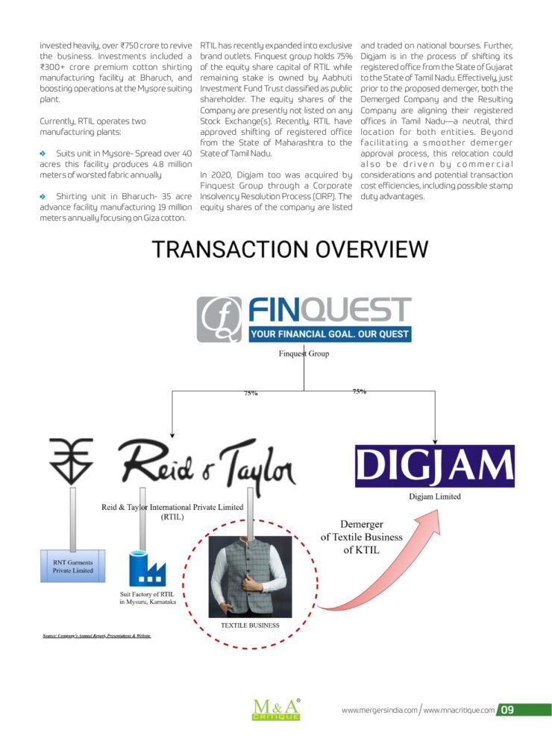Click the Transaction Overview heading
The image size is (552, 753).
pyautogui.click(x=289, y=250)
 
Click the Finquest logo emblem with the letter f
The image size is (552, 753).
pyautogui.click(x=219, y=319)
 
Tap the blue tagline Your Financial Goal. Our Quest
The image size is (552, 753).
pyautogui.click(x=330, y=334)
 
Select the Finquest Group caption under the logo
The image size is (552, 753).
pyautogui.click(x=304, y=353)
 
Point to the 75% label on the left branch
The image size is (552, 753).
pyautogui.click(x=251, y=394)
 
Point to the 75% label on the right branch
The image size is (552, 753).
pyautogui.click(x=360, y=391)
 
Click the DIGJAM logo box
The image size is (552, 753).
pyautogui.click(x=434, y=466)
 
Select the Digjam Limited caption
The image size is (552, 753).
pyautogui.click(x=434, y=497)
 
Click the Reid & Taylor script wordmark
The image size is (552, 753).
pyautogui.click(x=207, y=464)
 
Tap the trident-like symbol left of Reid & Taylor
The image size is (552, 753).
pyautogui.click(x=71, y=461)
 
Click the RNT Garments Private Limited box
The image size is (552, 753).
pyautogui.click(x=72, y=566)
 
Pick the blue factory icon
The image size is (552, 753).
pyautogui.click(x=147, y=569)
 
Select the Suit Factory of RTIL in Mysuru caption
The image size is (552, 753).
pyautogui.click(x=148, y=598)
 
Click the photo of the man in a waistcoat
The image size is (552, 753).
pyautogui.click(x=250, y=576)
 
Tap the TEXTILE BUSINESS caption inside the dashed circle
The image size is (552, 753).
pyautogui.click(x=250, y=626)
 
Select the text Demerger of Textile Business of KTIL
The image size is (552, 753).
pyautogui.click(x=361, y=537)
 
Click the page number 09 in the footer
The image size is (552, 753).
pyautogui.click(x=507, y=710)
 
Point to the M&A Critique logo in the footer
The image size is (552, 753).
pyautogui.click(x=276, y=710)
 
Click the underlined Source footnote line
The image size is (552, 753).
pyautogui.click(x=96, y=636)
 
